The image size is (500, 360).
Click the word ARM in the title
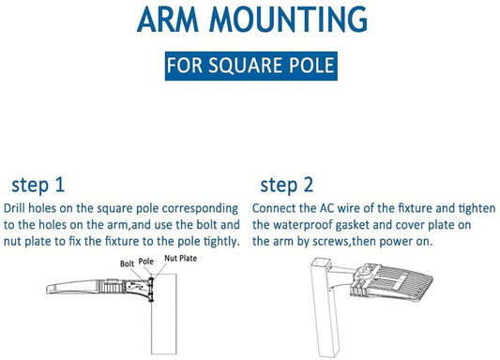pos(168,20)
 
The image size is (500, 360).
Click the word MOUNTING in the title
pos(288,20)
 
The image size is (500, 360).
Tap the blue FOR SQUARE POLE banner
pos(251,66)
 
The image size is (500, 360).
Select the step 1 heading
pos(38,185)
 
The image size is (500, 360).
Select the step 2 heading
pos(287,185)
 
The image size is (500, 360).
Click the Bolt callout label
pos(127,263)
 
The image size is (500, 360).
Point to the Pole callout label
pos(145,262)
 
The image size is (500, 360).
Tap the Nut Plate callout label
pos(180,258)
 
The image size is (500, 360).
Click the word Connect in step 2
pos(274,208)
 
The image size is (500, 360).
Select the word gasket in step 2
pos(353,225)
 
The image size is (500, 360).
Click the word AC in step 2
pos(326,208)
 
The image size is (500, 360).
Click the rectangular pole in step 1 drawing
pos(164,314)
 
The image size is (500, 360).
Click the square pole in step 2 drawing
pos(324,307)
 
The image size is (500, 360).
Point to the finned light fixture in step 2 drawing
pos(391,282)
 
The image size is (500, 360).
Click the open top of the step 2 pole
pos(321,262)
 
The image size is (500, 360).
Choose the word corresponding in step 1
pos(200,209)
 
